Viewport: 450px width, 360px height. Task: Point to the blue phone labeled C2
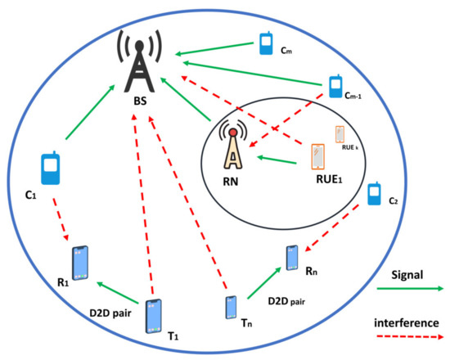click(376, 193)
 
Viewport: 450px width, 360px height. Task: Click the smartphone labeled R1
click(79, 263)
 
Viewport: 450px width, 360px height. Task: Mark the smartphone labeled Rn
click(292, 256)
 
